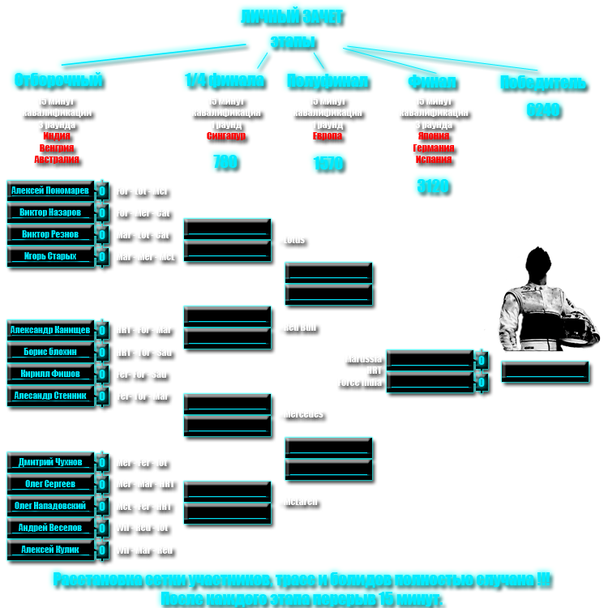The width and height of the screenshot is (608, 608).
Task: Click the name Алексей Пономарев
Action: click(x=50, y=191)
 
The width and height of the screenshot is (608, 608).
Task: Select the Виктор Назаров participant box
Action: click(x=50, y=212)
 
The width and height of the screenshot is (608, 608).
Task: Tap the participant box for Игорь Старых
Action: click(x=50, y=256)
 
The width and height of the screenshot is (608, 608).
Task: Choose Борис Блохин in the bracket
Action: click(x=50, y=353)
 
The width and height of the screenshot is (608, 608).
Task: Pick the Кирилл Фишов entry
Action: click(x=50, y=374)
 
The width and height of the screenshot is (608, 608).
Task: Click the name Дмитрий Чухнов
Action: click(x=50, y=462)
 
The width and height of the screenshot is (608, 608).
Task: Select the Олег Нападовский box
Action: click(x=50, y=506)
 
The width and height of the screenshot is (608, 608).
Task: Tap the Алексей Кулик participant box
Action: click(x=50, y=550)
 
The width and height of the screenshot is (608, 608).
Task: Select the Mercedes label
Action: click(x=303, y=414)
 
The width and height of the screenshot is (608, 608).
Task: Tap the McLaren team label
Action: click(x=302, y=503)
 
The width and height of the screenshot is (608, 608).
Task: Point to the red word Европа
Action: click(x=328, y=136)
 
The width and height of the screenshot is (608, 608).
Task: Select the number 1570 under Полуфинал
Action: click(x=329, y=166)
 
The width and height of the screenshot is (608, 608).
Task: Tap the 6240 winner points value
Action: click(x=543, y=113)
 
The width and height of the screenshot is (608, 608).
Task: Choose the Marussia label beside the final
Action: click(x=362, y=358)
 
